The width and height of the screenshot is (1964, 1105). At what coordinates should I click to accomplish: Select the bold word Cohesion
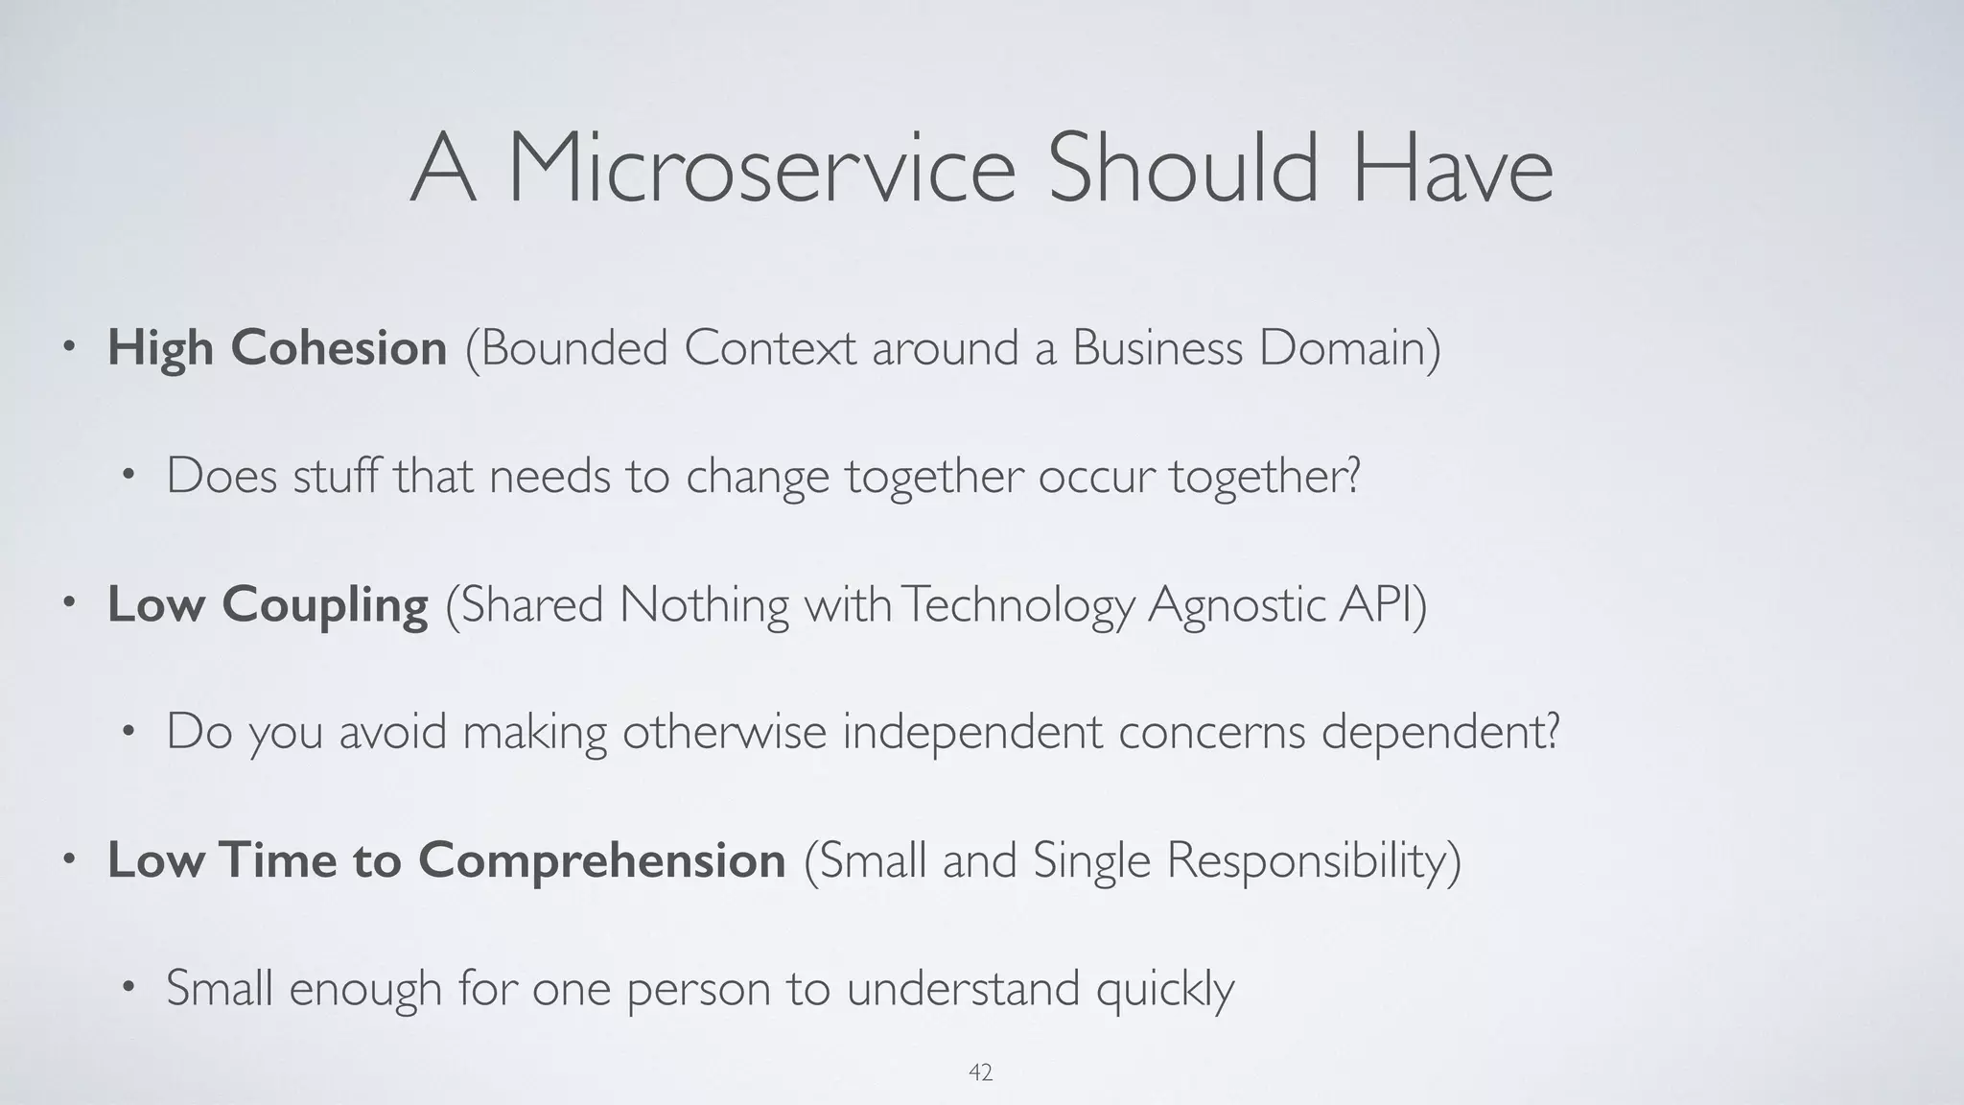(339, 347)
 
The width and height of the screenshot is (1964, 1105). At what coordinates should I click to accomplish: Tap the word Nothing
(704, 604)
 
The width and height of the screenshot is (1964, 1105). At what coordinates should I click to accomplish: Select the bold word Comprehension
(601, 860)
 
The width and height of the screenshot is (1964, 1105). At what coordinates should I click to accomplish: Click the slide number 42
(980, 1072)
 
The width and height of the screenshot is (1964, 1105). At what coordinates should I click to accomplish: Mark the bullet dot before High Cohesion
(67, 347)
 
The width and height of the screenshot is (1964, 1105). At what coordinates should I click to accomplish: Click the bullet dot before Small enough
(128, 987)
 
